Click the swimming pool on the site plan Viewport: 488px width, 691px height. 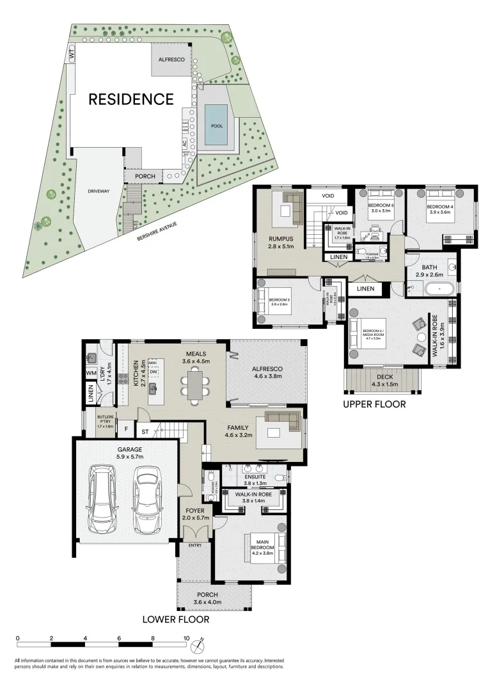(217, 125)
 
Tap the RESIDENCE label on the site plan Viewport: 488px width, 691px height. (130, 99)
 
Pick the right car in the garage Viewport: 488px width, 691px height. (146, 498)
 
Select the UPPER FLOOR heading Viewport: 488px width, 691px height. (374, 404)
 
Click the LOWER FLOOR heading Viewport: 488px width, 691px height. (175, 619)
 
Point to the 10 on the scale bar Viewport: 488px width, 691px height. (186, 638)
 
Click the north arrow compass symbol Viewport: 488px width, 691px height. (201, 640)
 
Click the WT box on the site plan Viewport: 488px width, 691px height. (72, 56)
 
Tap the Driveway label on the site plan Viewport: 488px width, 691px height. (99, 190)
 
